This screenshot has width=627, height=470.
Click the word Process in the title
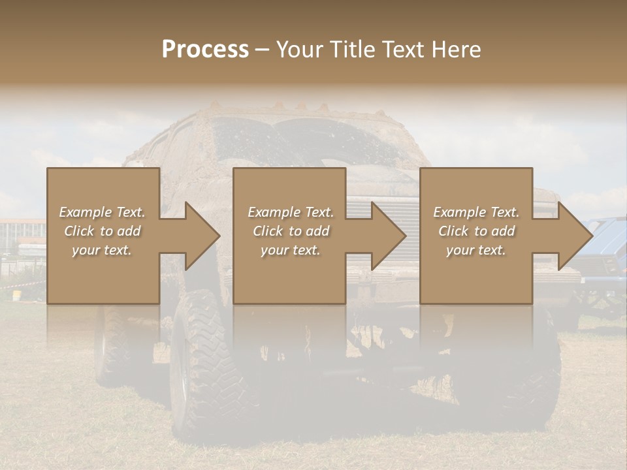(x=205, y=50)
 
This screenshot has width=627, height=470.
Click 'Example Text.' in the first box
(x=102, y=212)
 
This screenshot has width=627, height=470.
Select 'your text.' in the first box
(x=102, y=250)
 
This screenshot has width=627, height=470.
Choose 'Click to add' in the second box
(x=291, y=231)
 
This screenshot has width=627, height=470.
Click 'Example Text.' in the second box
(x=291, y=212)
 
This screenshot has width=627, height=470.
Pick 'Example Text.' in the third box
(x=476, y=212)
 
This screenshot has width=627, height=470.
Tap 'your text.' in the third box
(x=476, y=250)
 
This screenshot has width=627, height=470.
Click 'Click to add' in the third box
(x=476, y=231)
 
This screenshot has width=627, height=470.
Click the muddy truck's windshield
(x=307, y=144)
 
